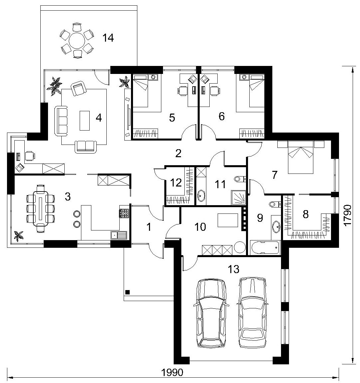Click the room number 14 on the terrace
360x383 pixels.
point(108,38)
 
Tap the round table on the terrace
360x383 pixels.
point(77,41)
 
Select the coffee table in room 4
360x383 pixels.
point(85,121)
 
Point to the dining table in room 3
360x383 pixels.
point(41,208)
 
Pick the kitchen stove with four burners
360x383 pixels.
point(124,213)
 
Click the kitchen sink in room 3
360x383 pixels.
point(119,235)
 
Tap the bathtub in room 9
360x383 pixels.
point(265,248)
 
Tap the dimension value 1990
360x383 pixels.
point(172,372)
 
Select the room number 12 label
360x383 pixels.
point(176,183)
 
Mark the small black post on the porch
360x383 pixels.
point(127,292)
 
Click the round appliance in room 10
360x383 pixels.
point(240,247)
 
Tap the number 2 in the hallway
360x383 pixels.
point(178,153)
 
